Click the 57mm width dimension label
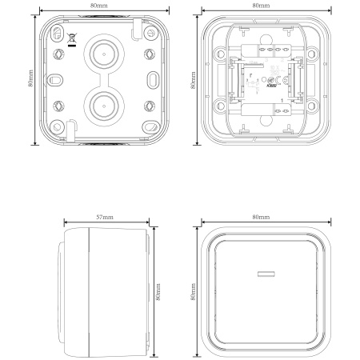pos(104,217)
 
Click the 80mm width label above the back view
pos(99,5)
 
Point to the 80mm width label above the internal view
pos(261,5)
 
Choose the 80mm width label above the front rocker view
pos(261,217)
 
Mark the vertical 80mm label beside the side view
pos(159,290)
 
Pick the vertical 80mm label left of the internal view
pos(192,77)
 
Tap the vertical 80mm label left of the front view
pos(192,290)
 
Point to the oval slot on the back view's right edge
pos(151,80)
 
